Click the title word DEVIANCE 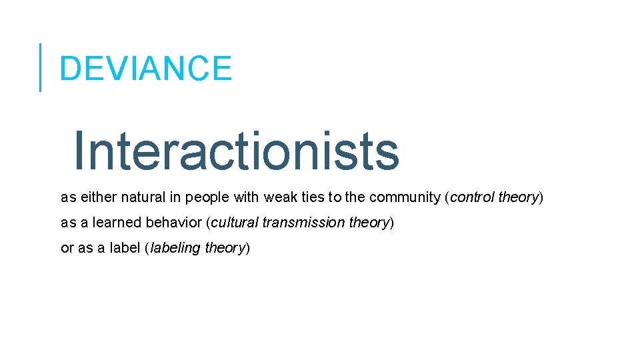(x=145, y=68)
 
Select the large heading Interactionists (x=236, y=151)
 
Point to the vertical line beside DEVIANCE (x=40, y=67)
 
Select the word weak (x=279, y=197)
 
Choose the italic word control (x=472, y=197)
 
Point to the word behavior (x=171, y=223)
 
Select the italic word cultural (x=235, y=223)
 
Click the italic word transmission (x=304, y=223)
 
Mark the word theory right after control (x=518, y=198)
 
